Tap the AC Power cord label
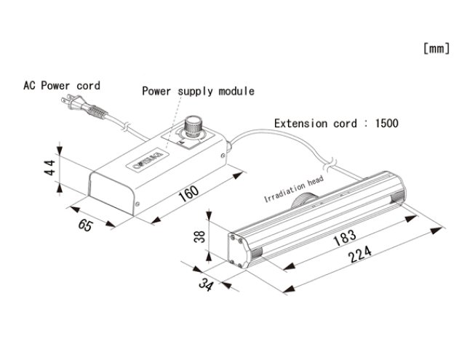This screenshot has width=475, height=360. pyautogui.click(x=61, y=86)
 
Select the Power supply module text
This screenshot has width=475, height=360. pyautogui.click(x=198, y=92)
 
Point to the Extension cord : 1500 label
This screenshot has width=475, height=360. pyautogui.click(x=336, y=124)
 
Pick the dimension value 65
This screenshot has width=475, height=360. pyautogui.click(x=85, y=225)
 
